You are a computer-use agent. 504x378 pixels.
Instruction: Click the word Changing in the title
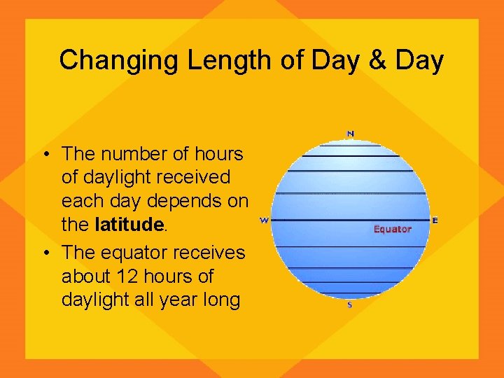(x=120, y=61)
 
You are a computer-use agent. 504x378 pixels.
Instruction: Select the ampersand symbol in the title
(x=378, y=61)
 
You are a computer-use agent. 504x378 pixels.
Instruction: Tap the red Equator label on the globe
(x=392, y=229)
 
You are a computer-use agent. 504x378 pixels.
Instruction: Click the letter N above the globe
(x=350, y=134)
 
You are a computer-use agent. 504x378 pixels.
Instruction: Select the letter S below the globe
(x=350, y=305)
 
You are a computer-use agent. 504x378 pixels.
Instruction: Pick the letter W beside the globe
(x=264, y=220)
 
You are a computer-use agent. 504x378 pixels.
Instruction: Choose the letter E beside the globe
(x=435, y=220)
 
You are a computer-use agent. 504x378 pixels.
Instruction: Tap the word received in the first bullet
(x=194, y=178)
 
